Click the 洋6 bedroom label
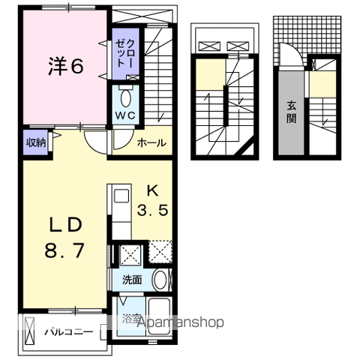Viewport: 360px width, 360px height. tap(65, 66)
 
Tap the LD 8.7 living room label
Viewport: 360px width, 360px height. tap(64, 237)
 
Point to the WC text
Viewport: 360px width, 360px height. tap(125, 115)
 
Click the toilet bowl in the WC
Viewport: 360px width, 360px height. tap(126, 98)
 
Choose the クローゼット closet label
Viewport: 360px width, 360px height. tap(124, 54)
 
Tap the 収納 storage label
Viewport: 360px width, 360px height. tap(36, 142)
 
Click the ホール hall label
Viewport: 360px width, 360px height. tap(151, 143)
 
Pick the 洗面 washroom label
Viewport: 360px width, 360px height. tap(132, 280)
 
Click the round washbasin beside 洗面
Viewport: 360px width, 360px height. tap(160, 280)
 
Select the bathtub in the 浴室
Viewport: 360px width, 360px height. tap(160, 316)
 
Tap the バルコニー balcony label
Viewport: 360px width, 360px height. tap(69, 332)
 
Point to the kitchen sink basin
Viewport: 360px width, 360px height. tap(121, 196)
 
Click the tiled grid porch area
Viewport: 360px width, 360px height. tap(307, 35)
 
